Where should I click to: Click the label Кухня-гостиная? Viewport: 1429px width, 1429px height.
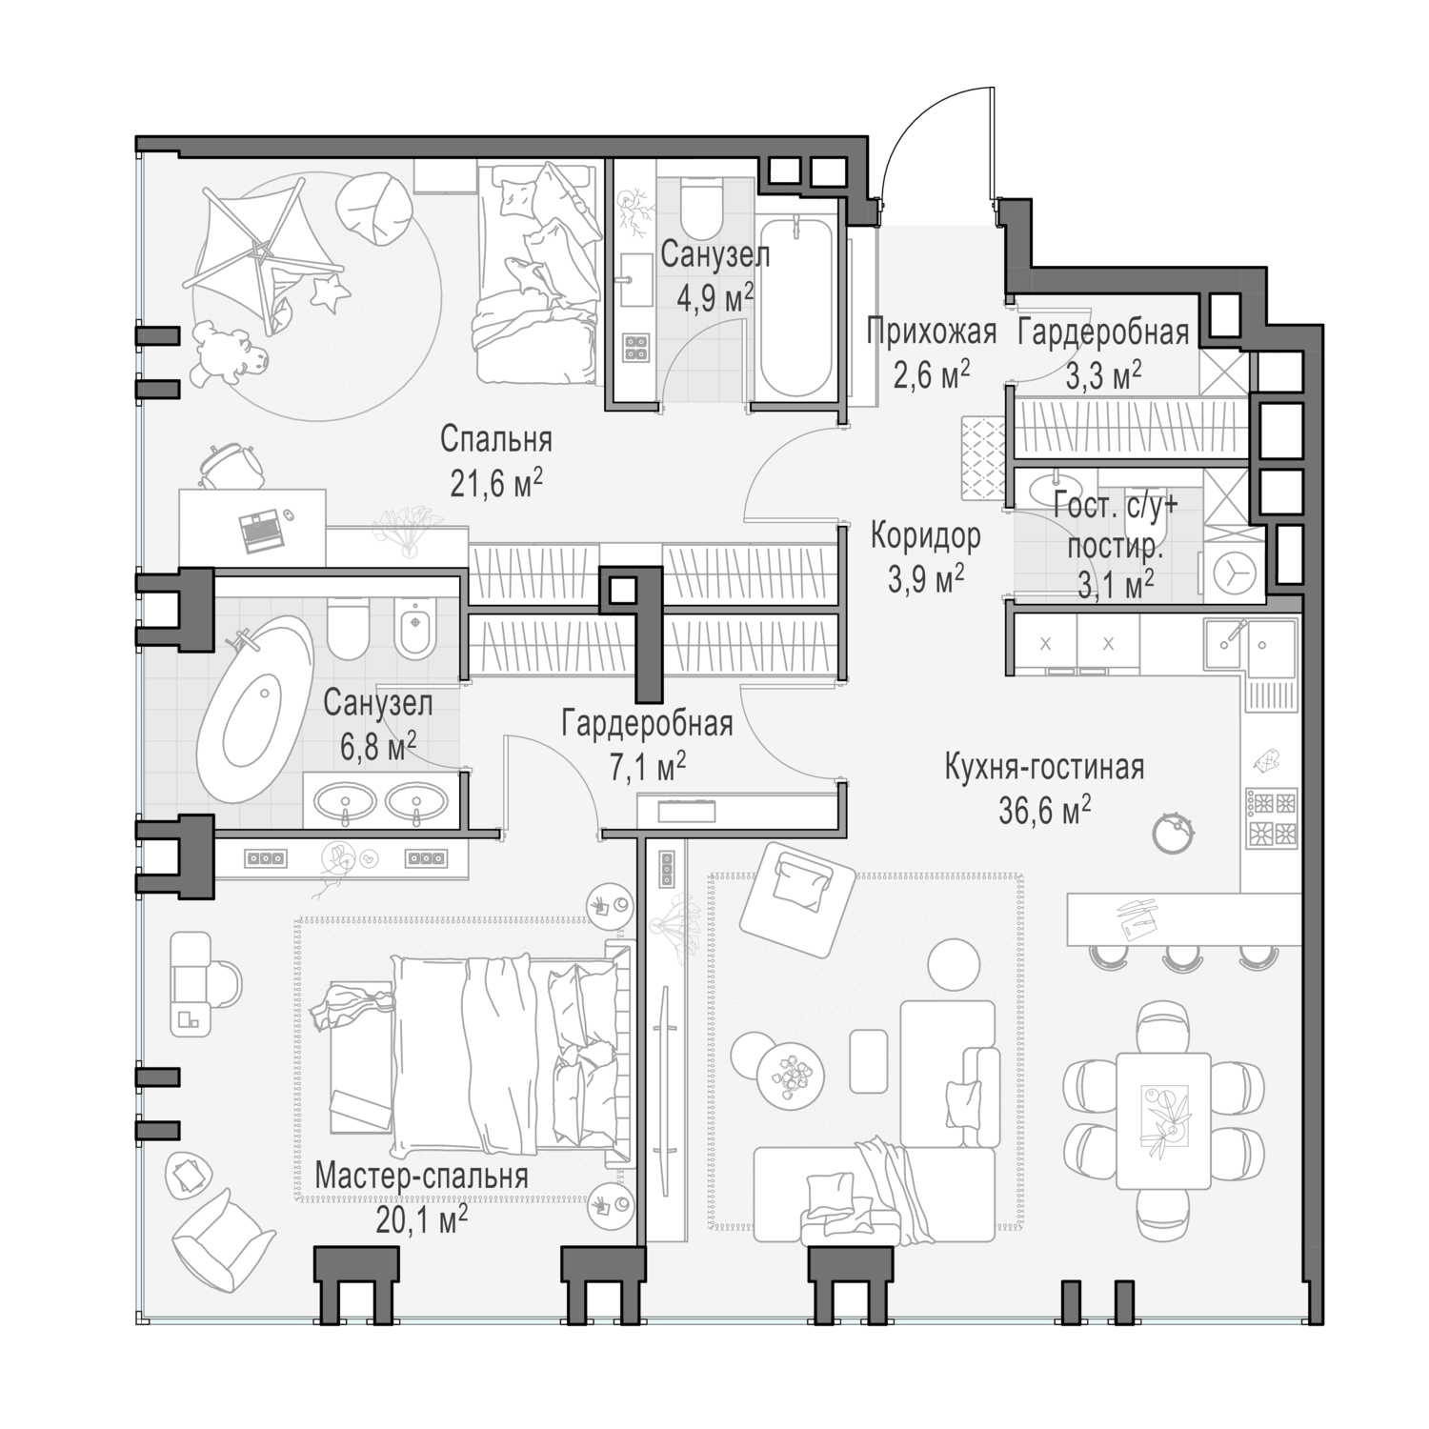click(x=1044, y=767)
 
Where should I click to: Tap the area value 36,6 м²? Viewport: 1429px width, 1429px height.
click(x=1044, y=811)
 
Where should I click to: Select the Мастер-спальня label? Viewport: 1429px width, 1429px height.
click(x=421, y=1177)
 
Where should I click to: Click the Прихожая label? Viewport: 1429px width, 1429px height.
click(x=931, y=332)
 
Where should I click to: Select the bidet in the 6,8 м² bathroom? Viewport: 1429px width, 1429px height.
click(x=414, y=629)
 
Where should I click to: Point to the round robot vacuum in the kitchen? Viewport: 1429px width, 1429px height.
click(x=1172, y=832)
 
